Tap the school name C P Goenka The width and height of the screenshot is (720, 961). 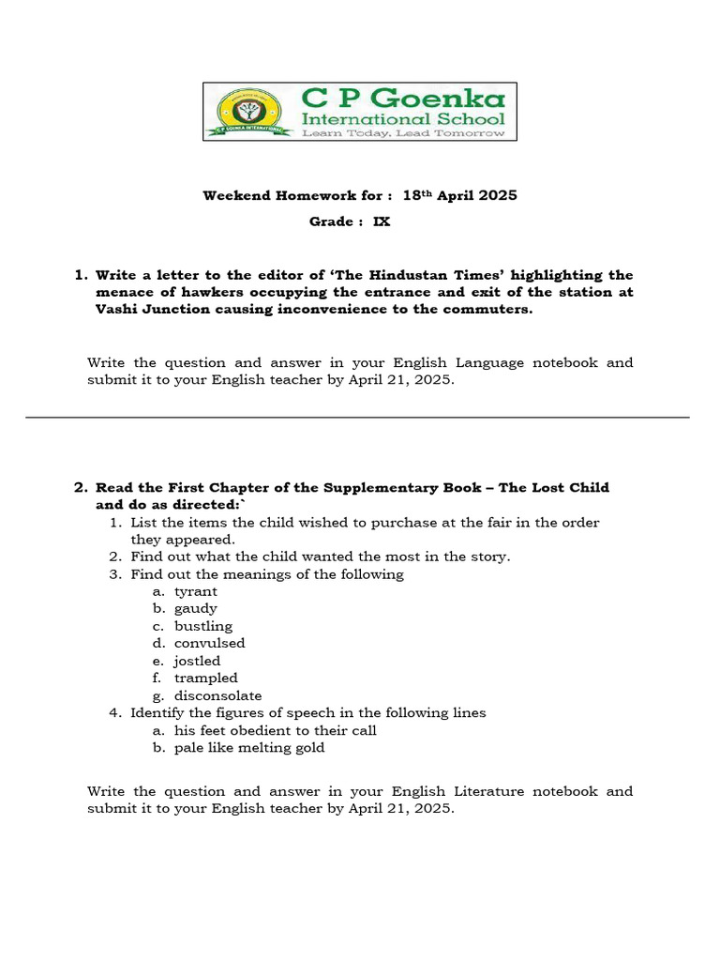pos(402,98)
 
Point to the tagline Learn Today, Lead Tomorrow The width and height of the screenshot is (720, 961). pos(402,133)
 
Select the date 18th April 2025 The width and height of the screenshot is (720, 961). pos(459,195)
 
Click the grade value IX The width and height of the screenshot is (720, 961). pos(382,222)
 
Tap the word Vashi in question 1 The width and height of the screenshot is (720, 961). pos(117,310)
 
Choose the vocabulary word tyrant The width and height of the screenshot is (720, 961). pos(195,591)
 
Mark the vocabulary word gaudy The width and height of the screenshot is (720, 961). pos(195,608)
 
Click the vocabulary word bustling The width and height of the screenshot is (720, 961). pos(202,626)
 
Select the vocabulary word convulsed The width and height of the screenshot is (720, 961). pos(209,643)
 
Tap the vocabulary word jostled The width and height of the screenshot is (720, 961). pos(197,661)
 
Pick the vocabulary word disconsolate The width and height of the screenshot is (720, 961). pos(217,695)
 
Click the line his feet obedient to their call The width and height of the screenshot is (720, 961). pos(275,730)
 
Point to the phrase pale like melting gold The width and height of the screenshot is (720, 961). pos(249,748)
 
